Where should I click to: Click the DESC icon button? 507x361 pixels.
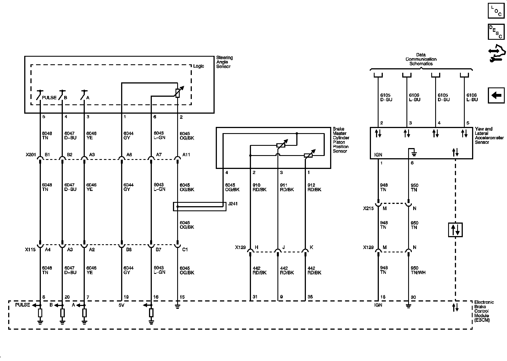(496, 32)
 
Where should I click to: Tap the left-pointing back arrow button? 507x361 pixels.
(496, 95)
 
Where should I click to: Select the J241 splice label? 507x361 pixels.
(233, 203)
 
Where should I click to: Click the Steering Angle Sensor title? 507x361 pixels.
(224, 62)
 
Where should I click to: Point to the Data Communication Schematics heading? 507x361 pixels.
(421, 59)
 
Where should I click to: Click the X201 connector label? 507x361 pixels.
(31, 155)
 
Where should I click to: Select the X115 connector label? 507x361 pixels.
(31, 250)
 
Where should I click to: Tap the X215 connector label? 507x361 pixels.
(368, 208)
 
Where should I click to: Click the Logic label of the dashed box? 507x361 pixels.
(199, 66)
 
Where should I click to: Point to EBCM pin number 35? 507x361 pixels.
(310, 297)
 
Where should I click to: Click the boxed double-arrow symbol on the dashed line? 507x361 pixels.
(455, 230)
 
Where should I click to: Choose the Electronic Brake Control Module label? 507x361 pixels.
(484, 311)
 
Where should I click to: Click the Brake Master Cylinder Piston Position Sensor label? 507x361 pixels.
(341, 140)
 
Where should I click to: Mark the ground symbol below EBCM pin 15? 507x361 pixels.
(177, 307)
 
